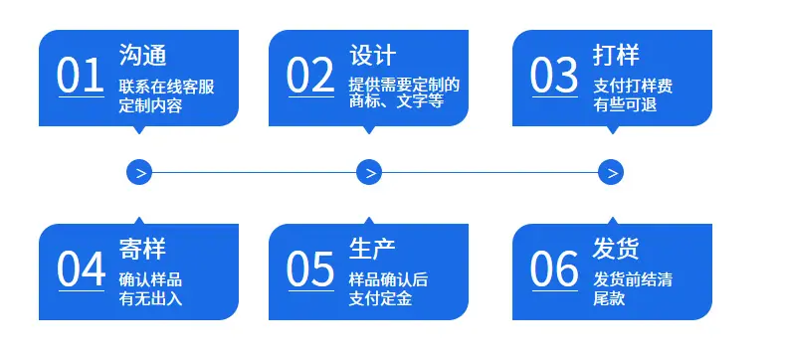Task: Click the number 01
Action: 81,76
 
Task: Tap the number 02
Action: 310,76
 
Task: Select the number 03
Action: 554,76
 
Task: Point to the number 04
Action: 81,269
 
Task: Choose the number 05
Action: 310,269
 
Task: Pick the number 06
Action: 554,269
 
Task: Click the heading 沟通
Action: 142,55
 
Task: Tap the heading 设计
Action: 372,55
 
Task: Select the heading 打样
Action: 616,55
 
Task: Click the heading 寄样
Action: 142,249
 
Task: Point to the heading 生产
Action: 372,249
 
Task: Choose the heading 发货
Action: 616,249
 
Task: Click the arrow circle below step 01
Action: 139,172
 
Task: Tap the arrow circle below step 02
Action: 369,172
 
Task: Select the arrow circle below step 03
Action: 611,172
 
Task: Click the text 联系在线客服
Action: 166,87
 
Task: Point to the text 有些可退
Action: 625,105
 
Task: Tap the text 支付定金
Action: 380,299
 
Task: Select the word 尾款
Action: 609,299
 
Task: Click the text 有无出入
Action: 150,299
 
